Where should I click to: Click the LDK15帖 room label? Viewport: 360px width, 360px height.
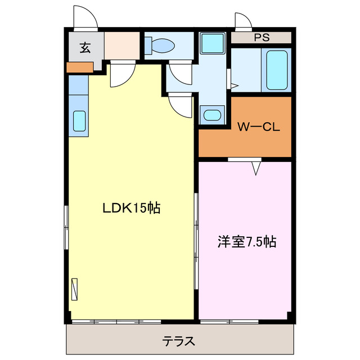pyautogui.click(x=131, y=208)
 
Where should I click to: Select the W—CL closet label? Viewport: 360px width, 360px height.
pyautogui.click(x=258, y=127)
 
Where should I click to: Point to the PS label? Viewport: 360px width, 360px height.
pyautogui.click(x=261, y=38)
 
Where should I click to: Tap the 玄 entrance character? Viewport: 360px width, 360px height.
pyautogui.click(x=84, y=47)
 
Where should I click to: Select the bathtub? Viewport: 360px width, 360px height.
pyautogui.click(x=277, y=70)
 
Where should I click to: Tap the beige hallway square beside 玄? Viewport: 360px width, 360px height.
pyautogui.click(x=121, y=46)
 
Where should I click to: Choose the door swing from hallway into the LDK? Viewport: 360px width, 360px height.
pyautogui.click(x=122, y=75)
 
